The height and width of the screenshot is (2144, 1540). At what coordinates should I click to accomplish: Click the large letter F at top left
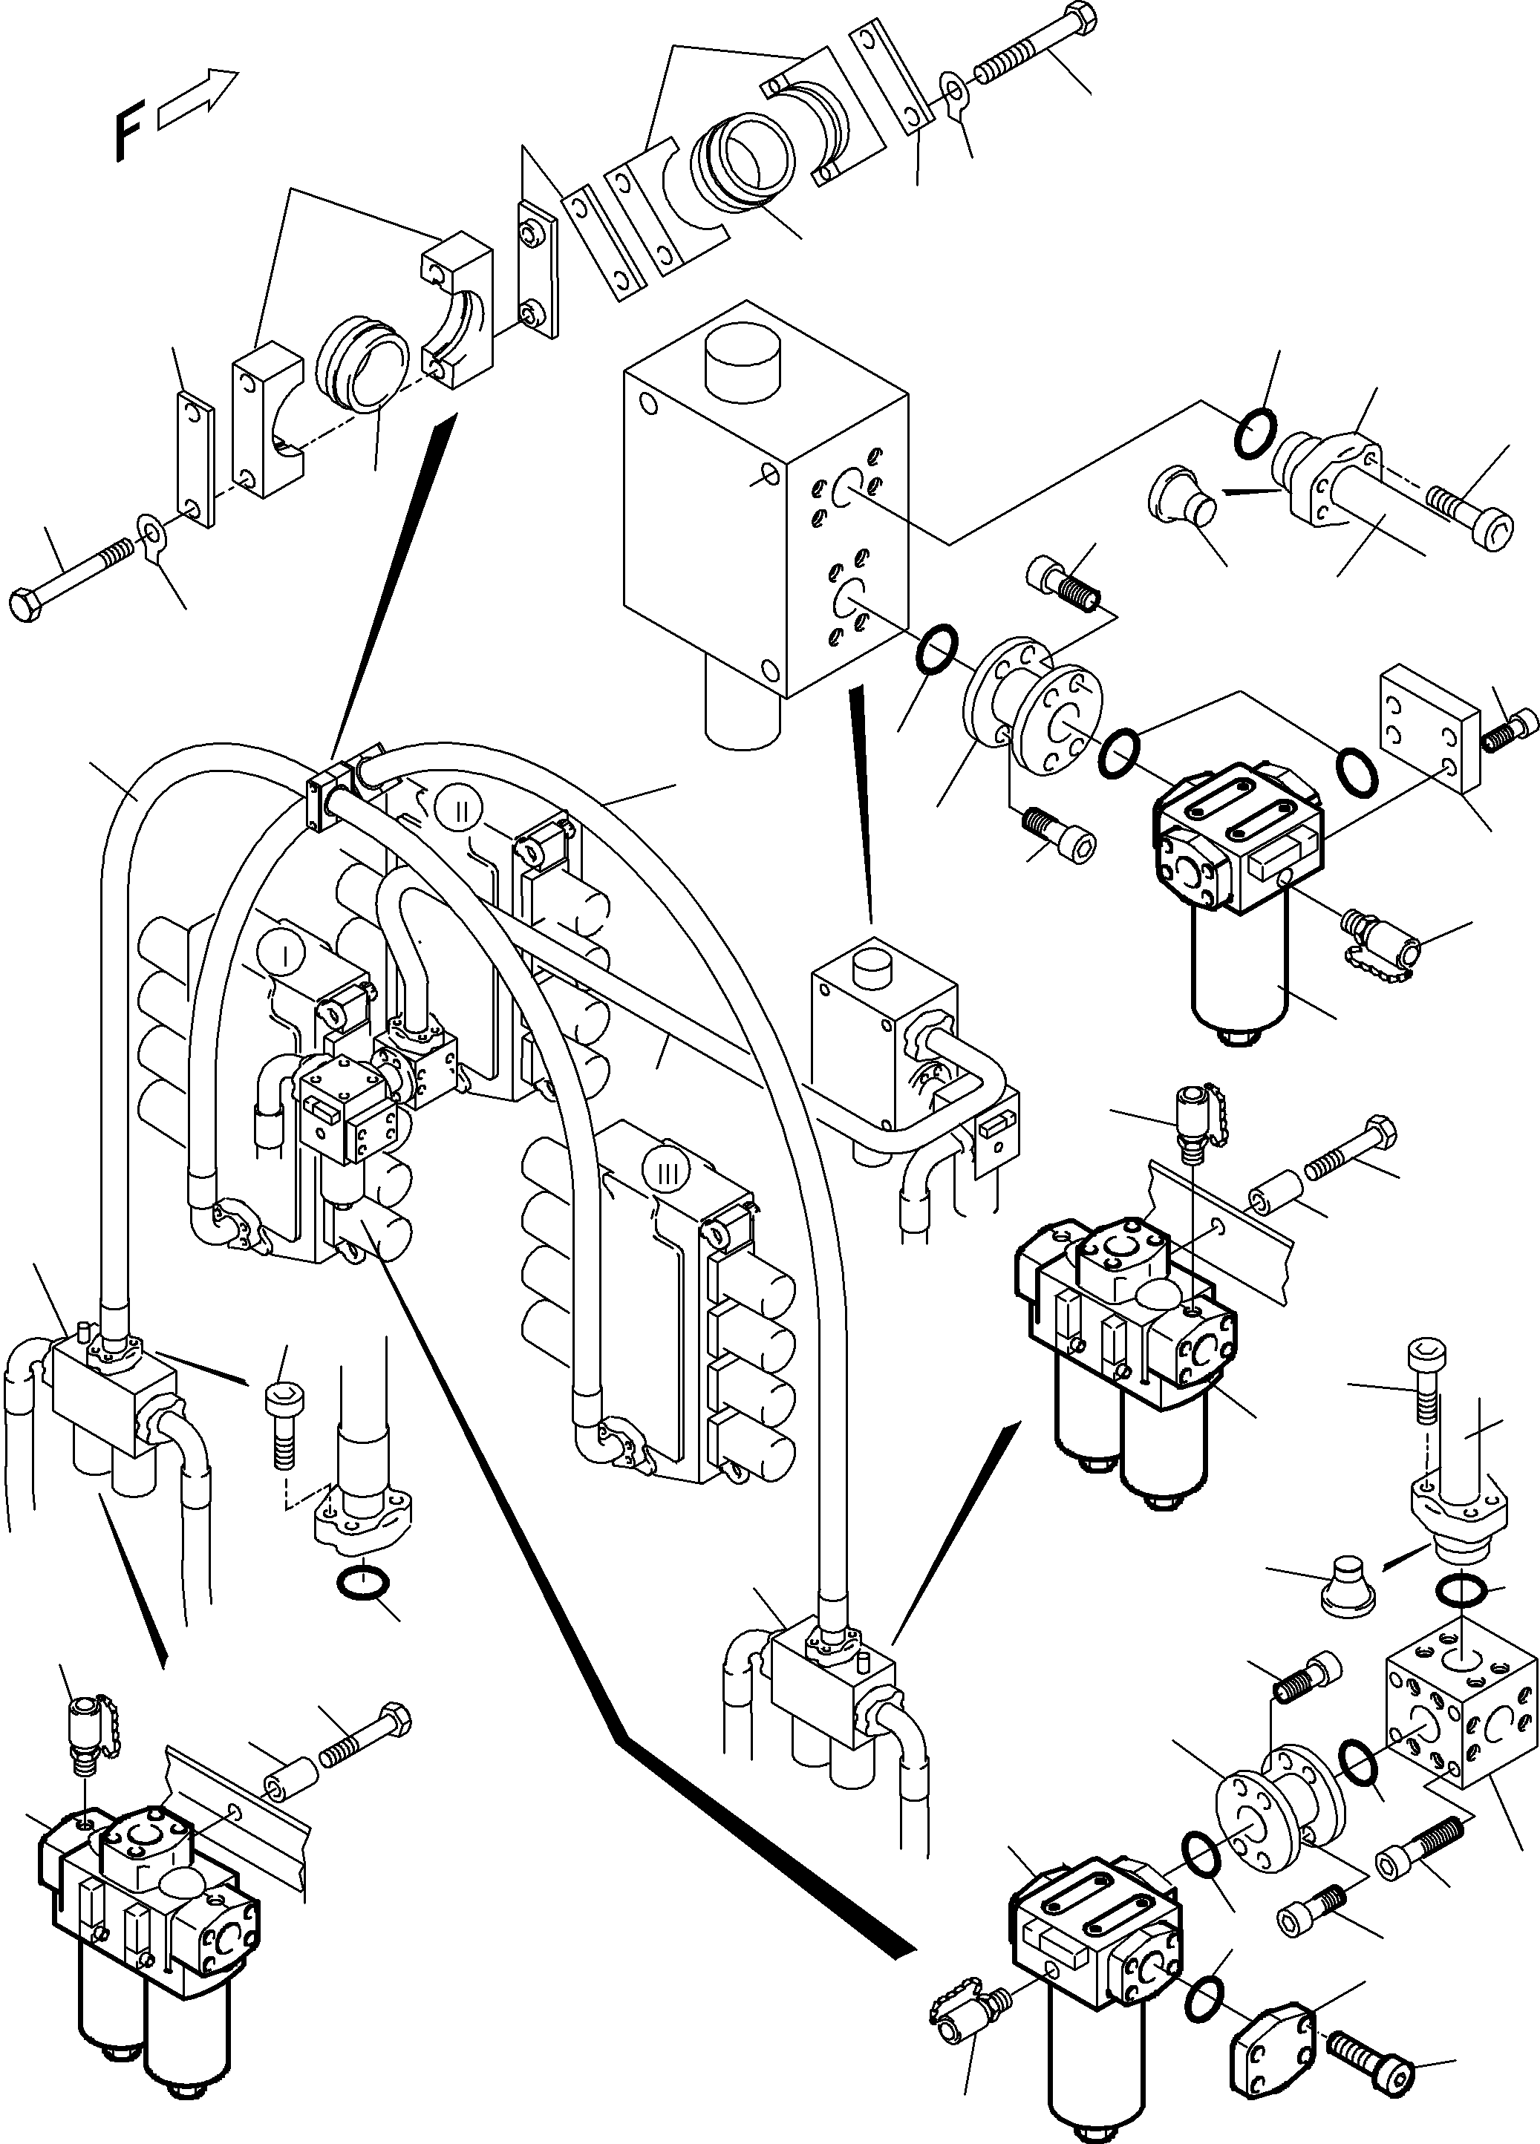click(128, 136)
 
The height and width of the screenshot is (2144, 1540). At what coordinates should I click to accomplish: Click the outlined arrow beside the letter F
click(197, 98)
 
